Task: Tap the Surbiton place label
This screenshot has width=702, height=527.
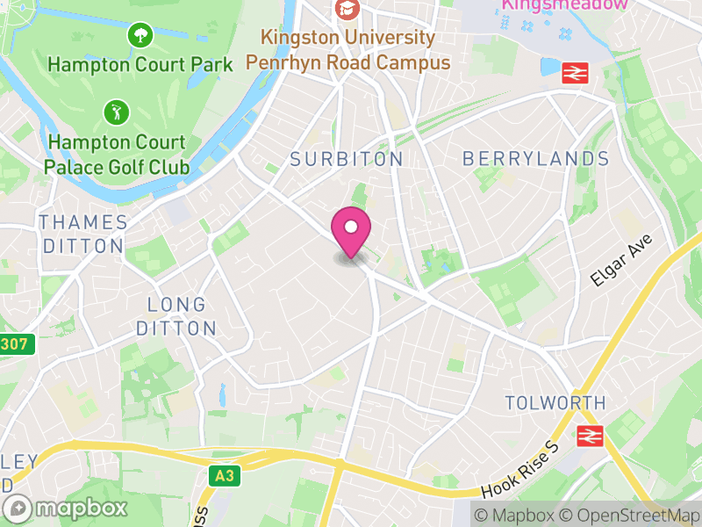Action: pos(347,159)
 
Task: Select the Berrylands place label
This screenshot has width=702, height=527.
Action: pos(535,159)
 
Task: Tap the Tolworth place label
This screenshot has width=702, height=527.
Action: pos(555,403)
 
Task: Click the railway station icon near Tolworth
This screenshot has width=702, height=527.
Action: pos(587,435)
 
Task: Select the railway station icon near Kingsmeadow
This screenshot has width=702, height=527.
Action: pos(574,73)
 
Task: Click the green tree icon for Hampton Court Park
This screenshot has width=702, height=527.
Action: pos(140,36)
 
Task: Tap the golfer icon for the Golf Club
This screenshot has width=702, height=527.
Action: pos(116,112)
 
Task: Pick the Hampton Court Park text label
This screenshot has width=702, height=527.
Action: pos(140,64)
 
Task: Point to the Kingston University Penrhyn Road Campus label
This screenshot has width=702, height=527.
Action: pos(347,50)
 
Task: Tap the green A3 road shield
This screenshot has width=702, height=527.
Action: pos(226,475)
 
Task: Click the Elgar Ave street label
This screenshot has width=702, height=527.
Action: pos(611,264)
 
